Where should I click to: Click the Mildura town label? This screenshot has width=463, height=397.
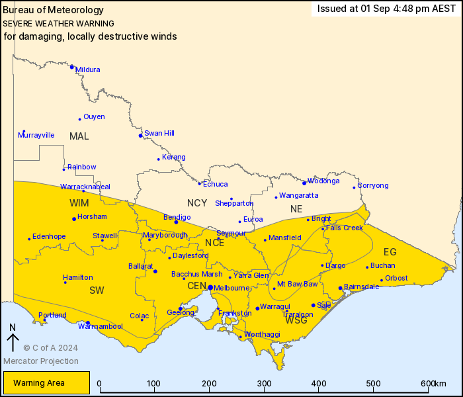tap(88, 69)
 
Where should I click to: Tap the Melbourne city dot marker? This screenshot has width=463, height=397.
tap(210, 288)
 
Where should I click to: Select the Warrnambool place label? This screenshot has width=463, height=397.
tap(100, 326)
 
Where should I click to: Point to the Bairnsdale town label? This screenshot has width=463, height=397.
tap(362, 287)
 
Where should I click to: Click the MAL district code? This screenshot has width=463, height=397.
tap(79, 136)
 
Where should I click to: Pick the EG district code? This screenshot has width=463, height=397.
tap(390, 251)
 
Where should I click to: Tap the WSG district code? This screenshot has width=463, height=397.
tap(296, 320)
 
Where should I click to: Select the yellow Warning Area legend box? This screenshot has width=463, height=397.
tap(46, 382)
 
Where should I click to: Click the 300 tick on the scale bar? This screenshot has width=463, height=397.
tap(264, 384)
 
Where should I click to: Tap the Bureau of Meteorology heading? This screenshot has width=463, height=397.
tap(53, 10)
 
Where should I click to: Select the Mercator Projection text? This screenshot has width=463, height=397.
tap(41, 361)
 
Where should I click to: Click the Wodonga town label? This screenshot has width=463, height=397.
tap(324, 181)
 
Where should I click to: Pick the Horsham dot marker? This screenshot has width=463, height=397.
tap(74, 219)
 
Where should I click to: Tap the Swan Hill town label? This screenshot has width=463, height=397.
tap(159, 133)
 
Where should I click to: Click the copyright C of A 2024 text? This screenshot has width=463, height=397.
tap(51, 347)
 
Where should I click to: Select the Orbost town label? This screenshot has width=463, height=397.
tap(396, 278)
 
